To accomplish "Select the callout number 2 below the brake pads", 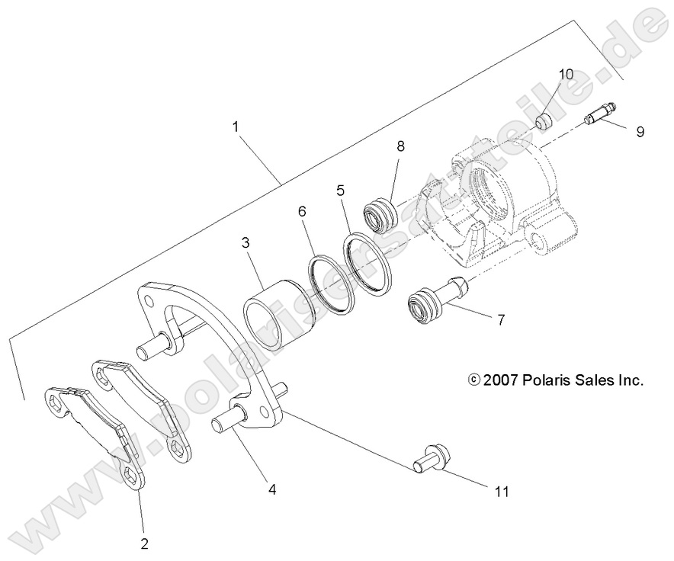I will pos(144,543).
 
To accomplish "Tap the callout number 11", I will pos(500,492).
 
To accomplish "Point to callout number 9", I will pos(640,131).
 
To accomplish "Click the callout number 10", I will pos(565,74).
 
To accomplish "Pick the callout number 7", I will pos(500,320).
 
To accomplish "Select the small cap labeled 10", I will pos(545,121).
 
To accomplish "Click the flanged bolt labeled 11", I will pos(430,458).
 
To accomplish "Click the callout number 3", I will pos(246,243).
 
